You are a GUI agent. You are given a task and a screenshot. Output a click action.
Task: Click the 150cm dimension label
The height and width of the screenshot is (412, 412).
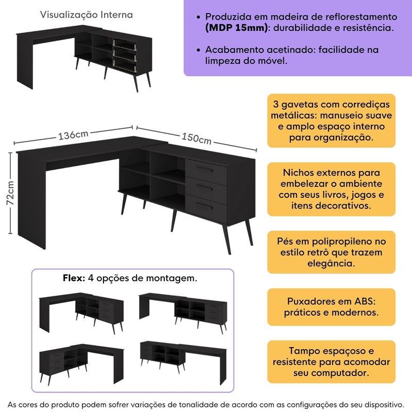(196, 138)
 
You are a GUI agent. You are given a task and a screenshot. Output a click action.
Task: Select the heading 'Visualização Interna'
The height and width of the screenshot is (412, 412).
(87, 15)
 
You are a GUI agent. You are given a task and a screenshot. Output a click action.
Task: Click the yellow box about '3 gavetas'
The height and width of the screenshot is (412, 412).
(331, 121)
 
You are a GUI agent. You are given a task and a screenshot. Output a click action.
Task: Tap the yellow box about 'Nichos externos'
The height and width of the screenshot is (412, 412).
(331, 189)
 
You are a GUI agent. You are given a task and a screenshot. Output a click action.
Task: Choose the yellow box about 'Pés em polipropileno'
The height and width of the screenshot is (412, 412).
(331, 252)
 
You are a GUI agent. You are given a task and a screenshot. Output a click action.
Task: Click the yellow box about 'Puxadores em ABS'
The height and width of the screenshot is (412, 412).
(331, 307)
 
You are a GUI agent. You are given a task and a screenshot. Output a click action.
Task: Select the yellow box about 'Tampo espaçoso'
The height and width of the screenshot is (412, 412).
(331, 362)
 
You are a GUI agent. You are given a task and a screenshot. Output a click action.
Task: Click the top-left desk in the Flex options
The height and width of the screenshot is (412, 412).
(81, 311)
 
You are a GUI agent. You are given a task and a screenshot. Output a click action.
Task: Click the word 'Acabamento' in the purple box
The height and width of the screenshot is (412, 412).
(232, 50)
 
